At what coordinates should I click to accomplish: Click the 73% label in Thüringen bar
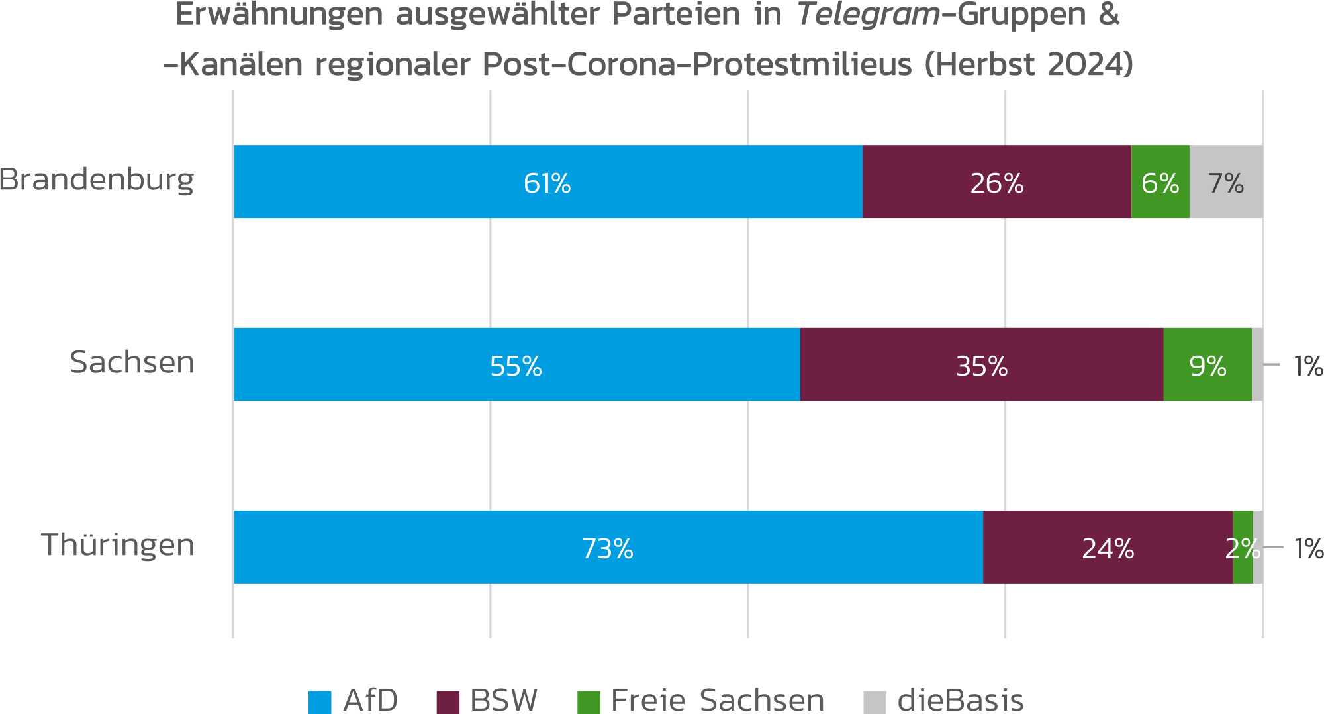[607, 548]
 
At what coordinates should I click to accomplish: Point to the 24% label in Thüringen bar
[1108, 548]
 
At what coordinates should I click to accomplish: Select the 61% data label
[547, 183]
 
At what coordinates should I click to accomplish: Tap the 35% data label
[981, 366]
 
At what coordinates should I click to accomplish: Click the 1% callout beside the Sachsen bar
[1307, 366]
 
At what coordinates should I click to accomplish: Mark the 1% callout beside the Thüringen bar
[1308, 549]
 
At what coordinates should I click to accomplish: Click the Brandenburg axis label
[97, 179]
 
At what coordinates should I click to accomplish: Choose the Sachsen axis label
[132, 362]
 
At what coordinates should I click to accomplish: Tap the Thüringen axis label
[118, 545]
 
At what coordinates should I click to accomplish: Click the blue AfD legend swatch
[320, 702]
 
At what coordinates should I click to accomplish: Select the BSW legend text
[504, 701]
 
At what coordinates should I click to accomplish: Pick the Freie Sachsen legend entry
[717, 701]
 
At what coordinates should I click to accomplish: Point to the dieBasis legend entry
[960, 701]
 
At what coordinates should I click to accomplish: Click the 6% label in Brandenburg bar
[1160, 183]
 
